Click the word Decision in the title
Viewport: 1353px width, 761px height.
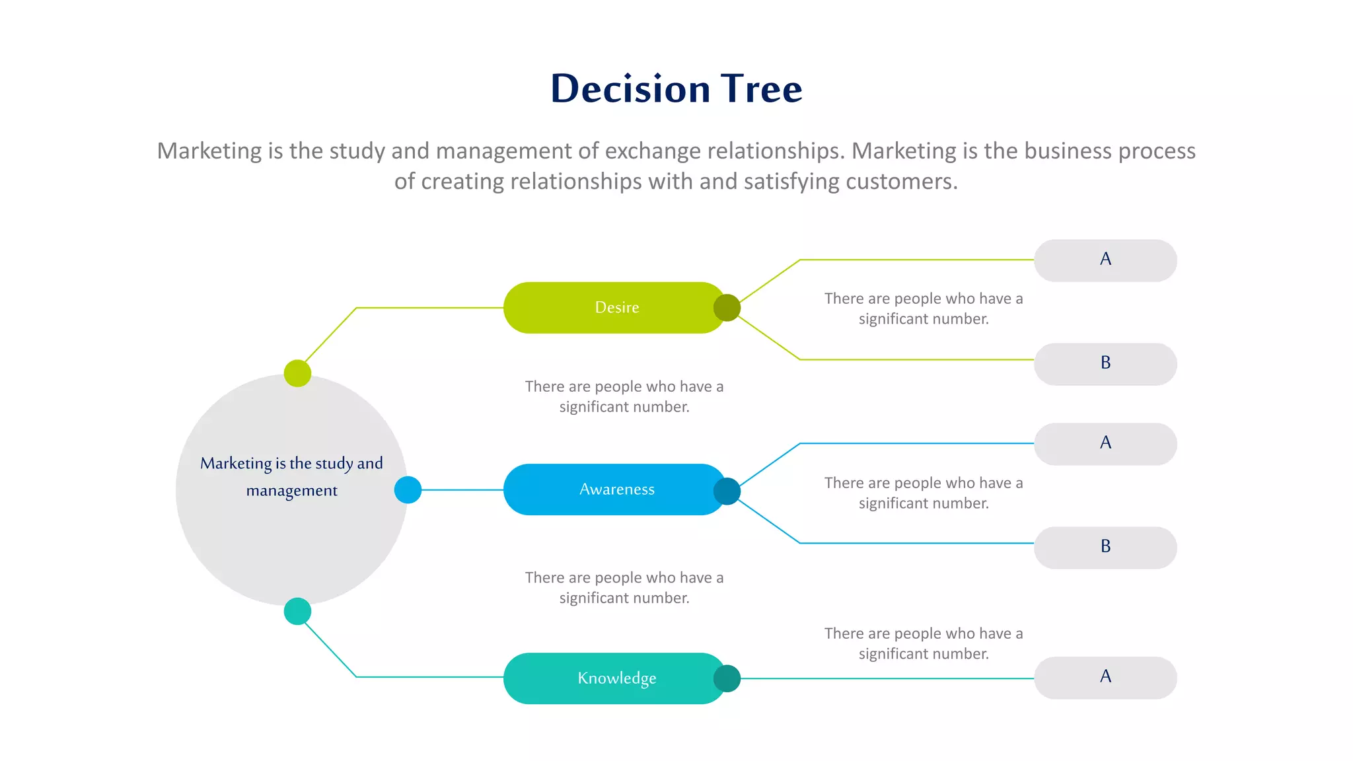[630, 89]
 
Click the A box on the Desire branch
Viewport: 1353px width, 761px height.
[1105, 260]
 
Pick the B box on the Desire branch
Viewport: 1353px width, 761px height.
[1105, 364]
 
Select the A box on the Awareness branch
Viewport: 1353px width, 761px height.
[1105, 444]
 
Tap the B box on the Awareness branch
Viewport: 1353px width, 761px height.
[1105, 548]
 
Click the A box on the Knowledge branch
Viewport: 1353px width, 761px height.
[1105, 678]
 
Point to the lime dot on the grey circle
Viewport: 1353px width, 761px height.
[297, 373]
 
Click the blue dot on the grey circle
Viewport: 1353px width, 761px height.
[408, 490]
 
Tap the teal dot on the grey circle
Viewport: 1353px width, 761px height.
[297, 611]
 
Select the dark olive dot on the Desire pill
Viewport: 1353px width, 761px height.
[727, 308]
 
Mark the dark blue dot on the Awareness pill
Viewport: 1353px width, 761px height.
[727, 491]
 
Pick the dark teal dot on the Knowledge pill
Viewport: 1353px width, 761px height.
[727, 678]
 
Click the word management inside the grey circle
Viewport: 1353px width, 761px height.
[291, 491]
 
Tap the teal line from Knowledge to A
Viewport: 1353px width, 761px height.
[885, 678]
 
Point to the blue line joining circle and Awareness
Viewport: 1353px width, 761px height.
[462, 490]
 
